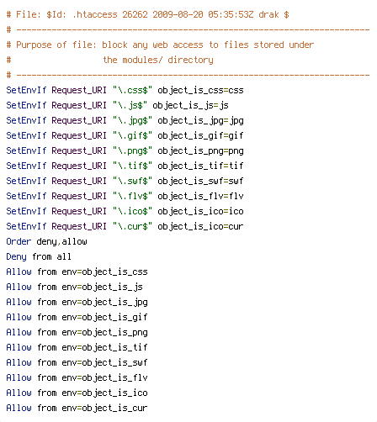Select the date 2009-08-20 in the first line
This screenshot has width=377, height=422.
pos(178,14)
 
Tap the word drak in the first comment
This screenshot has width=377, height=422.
pos(268,14)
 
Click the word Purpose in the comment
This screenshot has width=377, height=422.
pos(34,45)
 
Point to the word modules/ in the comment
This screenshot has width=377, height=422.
pos(142,60)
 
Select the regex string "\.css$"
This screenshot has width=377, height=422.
pos(132,90)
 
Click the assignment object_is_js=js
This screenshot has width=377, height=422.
pos(190,106)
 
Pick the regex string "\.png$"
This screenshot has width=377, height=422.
pos(132,151)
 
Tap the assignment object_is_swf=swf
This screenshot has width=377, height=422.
pos(200,181)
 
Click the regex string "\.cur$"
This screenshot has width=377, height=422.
pos(132,226)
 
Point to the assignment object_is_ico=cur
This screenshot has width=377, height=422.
pos(200,226)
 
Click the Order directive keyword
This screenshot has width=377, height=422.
pos(19,241)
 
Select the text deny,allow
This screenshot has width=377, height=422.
pos(61,242)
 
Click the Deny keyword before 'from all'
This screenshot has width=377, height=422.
pos(16,257)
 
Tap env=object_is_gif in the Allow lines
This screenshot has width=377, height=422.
pos(104,318)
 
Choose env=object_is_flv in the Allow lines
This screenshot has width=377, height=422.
pos(104,378)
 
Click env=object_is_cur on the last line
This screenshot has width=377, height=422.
pos(104,409)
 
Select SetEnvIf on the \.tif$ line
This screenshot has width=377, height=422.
pos(26,166)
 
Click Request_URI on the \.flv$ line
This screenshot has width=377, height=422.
pos(79,197)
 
